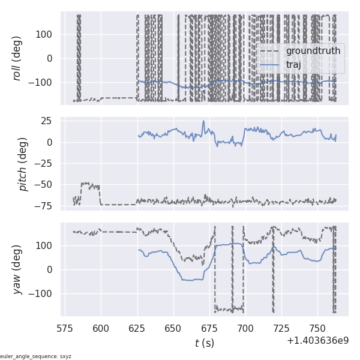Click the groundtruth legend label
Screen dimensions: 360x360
[313, 51]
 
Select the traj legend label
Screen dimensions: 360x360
[293, 64]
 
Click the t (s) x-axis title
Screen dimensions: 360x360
[204, 343]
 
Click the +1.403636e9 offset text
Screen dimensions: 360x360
[317, 340]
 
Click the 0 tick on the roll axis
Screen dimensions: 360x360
[52, 58]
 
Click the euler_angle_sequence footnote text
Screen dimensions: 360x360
[36, 356]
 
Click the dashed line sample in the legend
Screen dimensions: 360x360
[269, 51]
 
